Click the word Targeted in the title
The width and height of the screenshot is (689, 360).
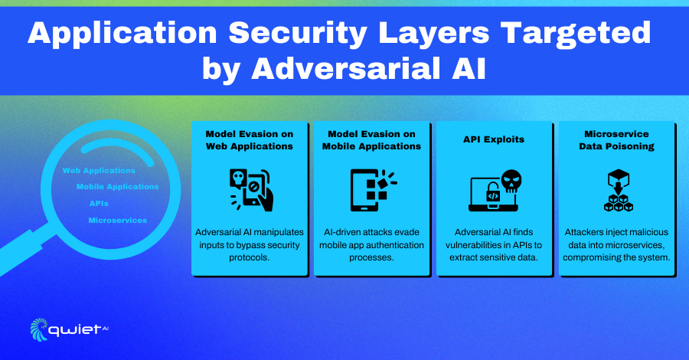point(575,34)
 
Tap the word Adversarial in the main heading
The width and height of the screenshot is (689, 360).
point(345,69)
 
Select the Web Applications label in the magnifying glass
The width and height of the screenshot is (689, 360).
point(99,171)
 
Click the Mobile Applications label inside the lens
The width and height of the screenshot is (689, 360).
point(117,187)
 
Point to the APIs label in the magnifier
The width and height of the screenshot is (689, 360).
point(99,204)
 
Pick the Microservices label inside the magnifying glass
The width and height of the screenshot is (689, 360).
point(118,221)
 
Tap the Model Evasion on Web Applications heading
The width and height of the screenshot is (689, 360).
point(250,140)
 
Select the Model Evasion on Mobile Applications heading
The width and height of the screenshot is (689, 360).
point(372,140)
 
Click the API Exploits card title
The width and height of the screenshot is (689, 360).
point(494,139)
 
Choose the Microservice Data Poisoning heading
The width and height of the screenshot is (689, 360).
point(616,140)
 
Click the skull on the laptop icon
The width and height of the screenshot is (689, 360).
point(511,181)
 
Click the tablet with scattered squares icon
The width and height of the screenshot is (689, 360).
point(373,190)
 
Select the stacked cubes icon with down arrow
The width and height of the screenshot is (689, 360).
point(619,190)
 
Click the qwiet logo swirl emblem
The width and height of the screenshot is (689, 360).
point(39,329)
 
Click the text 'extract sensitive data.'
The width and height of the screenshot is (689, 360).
point(494,257)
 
